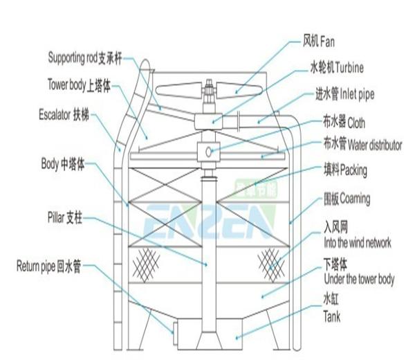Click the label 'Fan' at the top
327,42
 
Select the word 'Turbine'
350,68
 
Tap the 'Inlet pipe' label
357,95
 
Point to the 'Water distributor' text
375,145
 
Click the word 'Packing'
353,170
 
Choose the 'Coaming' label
355,199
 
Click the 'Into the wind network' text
358,243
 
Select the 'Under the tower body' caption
359,279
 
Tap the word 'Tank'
332,316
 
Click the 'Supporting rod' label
73,58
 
